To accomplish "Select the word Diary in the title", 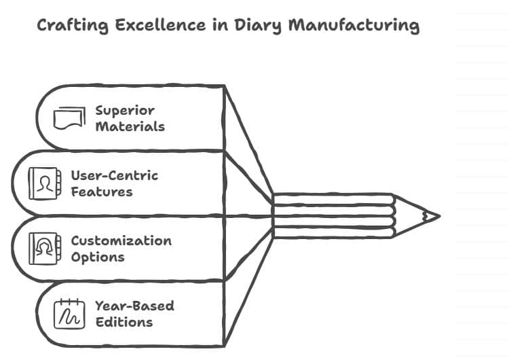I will tap(250, 26).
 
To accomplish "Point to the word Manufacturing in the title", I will tap(354, 26).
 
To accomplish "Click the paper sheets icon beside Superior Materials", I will tap(69, 118).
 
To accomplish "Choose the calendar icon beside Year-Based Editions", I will tap(69, 314).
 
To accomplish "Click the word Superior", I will tap(125, 110).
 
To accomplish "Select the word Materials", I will tap(130, 126).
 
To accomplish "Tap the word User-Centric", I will tap(114, 175).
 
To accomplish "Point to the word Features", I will tap(101, 192).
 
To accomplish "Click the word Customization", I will tap(121, 240).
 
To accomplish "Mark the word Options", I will tap(97, 257).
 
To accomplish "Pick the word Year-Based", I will tap(134, 306).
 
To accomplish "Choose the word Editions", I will tap(124, 322).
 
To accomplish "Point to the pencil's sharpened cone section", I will tap(411, 217).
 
